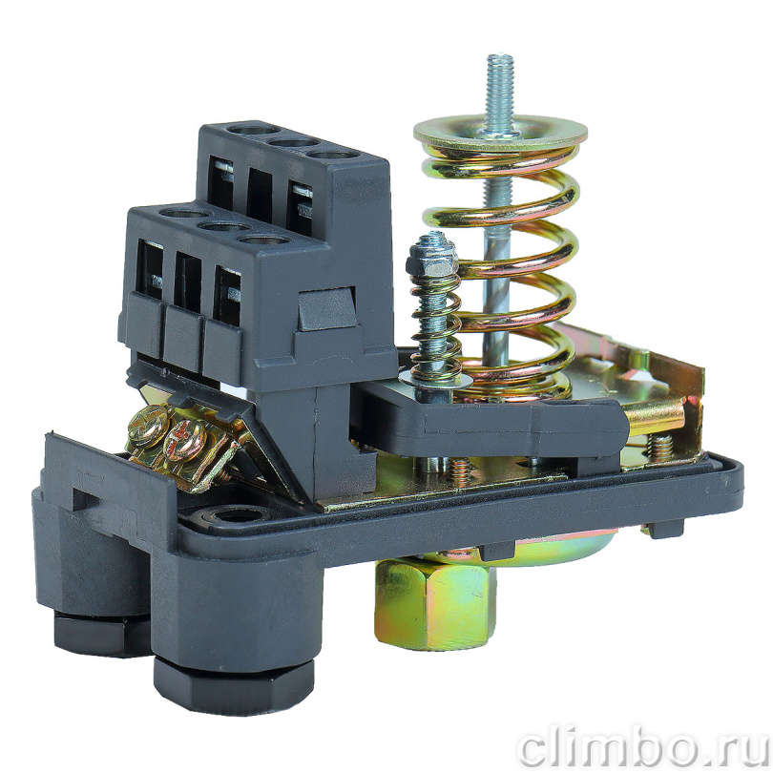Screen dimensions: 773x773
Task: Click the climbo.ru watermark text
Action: point(641,748)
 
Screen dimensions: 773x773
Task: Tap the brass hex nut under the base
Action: point(433,601)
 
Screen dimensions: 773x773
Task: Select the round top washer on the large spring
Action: point(500,132)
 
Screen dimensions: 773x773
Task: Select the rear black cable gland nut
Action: point(101,633)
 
